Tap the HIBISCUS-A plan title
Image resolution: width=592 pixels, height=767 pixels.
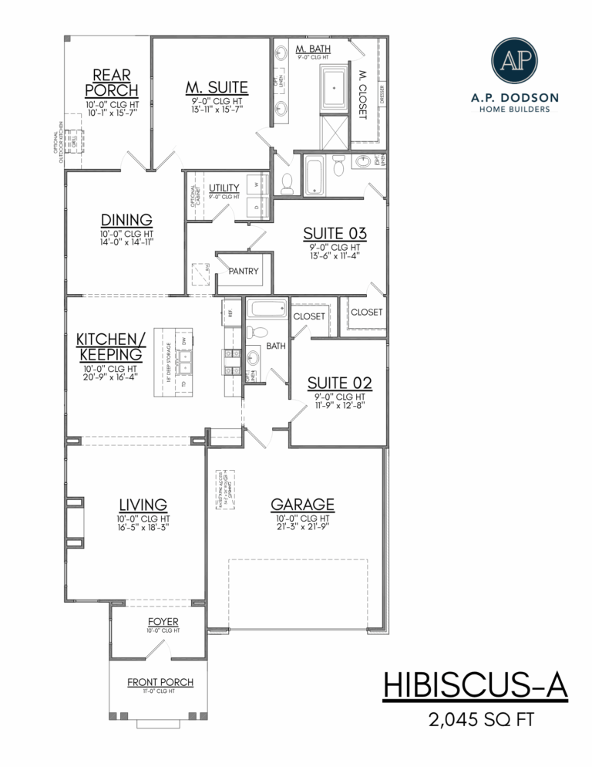pos(475,685)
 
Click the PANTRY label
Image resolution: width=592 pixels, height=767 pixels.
pos(244,272)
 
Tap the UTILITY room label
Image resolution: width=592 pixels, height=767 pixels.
pos(224,188)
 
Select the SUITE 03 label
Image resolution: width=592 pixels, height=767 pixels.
pos(334,232)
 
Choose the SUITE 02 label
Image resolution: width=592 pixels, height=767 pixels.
pos(340,382)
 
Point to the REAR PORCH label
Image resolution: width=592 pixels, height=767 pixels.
pos(111,83)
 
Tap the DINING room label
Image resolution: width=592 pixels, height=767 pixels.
pos(126,219)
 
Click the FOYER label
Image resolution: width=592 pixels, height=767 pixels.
pos(163,621)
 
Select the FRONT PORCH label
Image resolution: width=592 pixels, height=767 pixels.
pos(160,682)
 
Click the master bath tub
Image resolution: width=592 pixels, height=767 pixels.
pos(334,87)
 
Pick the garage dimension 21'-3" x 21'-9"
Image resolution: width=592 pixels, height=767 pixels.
pos(302,528)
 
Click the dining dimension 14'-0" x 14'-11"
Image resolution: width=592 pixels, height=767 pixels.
pos(126,242)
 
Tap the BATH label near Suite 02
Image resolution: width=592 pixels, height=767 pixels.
pos(276,346)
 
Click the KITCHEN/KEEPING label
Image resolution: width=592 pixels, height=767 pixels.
pos(109,346)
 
